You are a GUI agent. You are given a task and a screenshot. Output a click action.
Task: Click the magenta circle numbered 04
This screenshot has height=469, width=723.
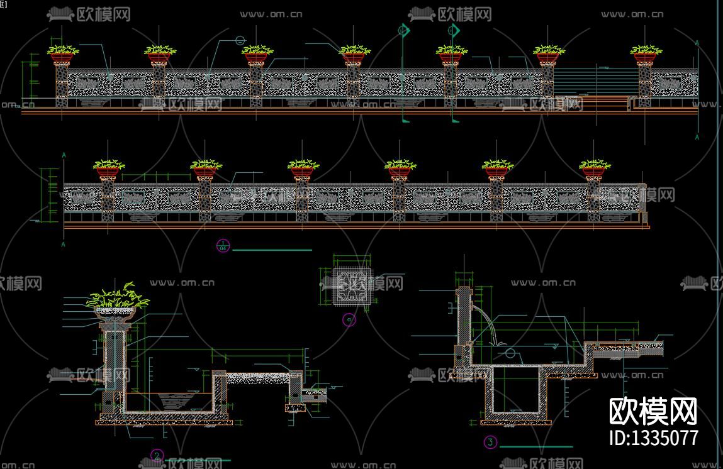pos(223,246)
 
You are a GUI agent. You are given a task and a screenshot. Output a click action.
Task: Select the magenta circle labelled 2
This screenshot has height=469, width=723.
pos(158,455)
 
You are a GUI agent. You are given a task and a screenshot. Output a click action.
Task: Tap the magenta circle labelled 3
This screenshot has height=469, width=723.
pos(491,442)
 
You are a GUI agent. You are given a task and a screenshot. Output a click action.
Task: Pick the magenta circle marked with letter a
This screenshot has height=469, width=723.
pos(349,320)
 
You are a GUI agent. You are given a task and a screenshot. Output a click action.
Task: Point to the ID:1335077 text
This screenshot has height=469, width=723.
pos(654,437)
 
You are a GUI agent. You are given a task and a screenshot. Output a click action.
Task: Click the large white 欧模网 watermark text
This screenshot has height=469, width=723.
pos(654,412)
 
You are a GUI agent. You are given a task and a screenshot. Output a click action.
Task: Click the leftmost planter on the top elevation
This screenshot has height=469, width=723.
pos(62,54)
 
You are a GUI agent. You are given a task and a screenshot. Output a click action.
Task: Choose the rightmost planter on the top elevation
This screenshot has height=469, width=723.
pos(646,54)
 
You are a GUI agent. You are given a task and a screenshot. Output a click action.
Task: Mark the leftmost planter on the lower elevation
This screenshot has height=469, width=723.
pos(109,168)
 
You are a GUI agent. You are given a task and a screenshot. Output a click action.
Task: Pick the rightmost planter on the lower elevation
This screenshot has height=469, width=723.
pos(595,168)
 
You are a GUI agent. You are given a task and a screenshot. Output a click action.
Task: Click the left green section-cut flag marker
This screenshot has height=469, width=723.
pos(404,30)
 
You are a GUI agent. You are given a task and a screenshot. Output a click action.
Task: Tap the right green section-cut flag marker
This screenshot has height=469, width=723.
pos(453,30)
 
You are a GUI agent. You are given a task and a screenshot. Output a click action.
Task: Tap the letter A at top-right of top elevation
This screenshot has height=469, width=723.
pos(697,43)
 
